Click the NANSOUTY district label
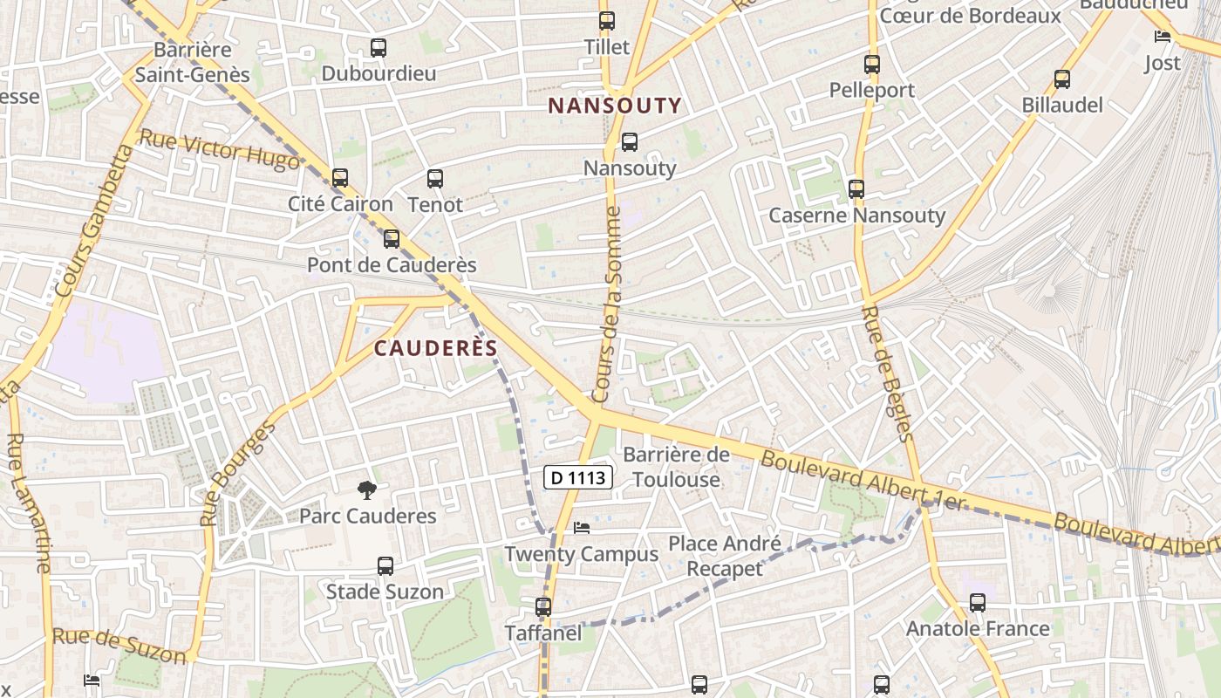click(x=614, y=106)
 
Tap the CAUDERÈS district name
click(x=435, y=348)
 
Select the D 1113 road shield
click(x=578, y=477)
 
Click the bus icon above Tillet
click(x=606, y=21)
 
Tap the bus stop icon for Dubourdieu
click(x=378, y=48)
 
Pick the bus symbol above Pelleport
click(x=871, y=64)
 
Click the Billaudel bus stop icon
click(x=1061, y=79)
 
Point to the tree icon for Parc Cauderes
click(x=367, y=489)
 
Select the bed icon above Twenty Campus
click(x=582, y=528)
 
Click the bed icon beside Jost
click(x=1162, y=37)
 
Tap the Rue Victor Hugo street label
click(x=218, y=150)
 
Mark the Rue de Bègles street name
click(x=887, y=373)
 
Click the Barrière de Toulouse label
click(x=676, y=467)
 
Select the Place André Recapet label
click(x=724, y=556)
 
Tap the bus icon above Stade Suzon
click(x=385, y=565)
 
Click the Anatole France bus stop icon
click(x=977, y=602)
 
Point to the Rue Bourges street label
click(x=237, y=473)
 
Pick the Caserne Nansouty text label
click(x=856, y=215)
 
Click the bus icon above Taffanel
click(x=542, y=606)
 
